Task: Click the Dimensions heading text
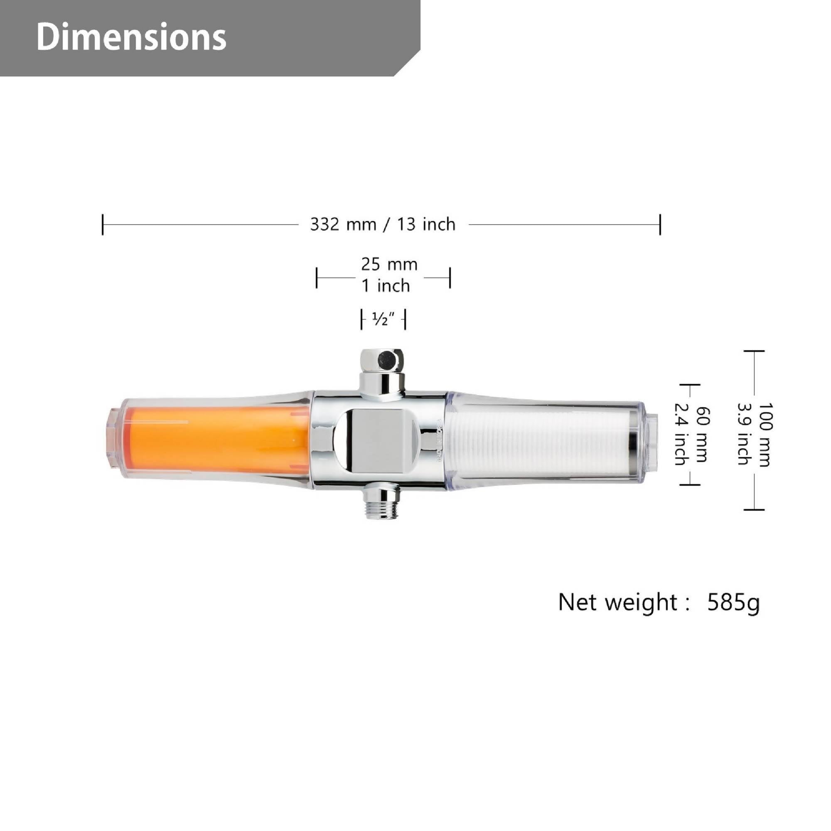pyautogui.click(x=131, y=37)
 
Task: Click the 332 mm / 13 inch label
pyautogui.click(x=383, y=224)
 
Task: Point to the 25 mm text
pyautogui.click(x=389, y=264)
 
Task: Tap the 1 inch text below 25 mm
pyautogui.click(x=386, y=285)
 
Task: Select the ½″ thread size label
pyautogui.click(x=383, y=319)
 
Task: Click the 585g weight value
pyautogui.click(x=733, y=602)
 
